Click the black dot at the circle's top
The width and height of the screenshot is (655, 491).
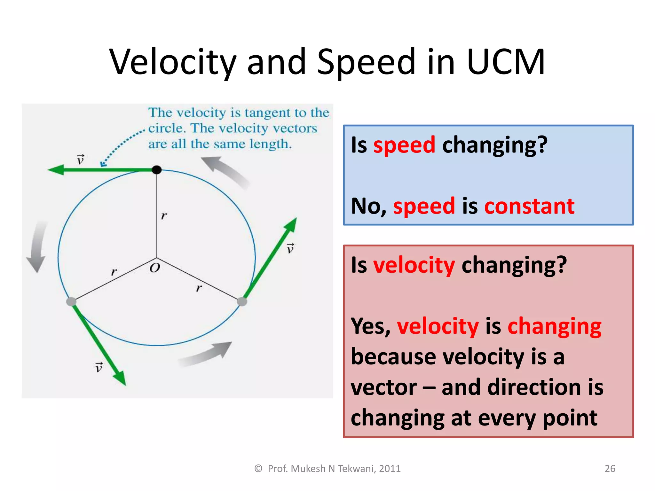pyautogui.click(x=156, y=170)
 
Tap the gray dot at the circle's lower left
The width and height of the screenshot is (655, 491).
pyautogui.click(x=71, y=301)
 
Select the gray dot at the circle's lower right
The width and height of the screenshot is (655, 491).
pyautogui.click(x=242, y=301)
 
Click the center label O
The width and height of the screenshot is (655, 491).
pyautogui.click(x=155, y=268)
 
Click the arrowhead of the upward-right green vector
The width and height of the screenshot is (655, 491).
pyautogui.click(x=292, y=224)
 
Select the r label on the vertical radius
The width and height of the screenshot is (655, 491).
pyautogui.click(x=164, y=216)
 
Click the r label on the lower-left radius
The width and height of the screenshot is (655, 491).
pyautogui.click(x=114, y=272)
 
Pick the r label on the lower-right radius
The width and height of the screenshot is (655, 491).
pyautogui.click(x=199, y=288)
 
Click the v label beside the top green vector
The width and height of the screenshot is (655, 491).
pyautogui.click(x=81, y=159)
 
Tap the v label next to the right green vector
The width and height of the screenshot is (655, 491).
pyautogui.click(x=290, y=248)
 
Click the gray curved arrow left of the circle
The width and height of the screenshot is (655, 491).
pyautogui.click(x=37, y=246)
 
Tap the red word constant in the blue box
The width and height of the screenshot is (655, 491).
pyautogui.click(x=529, y=206)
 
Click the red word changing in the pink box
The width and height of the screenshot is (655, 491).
pyautogui.click(x=554, y=326)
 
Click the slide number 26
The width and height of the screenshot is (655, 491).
pyautogui.click(x=610, y=468)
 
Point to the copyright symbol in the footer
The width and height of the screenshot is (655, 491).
pyautogui.click(x=258, y=468)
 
